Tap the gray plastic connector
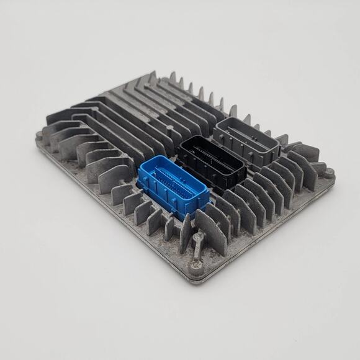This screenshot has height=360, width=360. pyautogui.click(x=246, y=141)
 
